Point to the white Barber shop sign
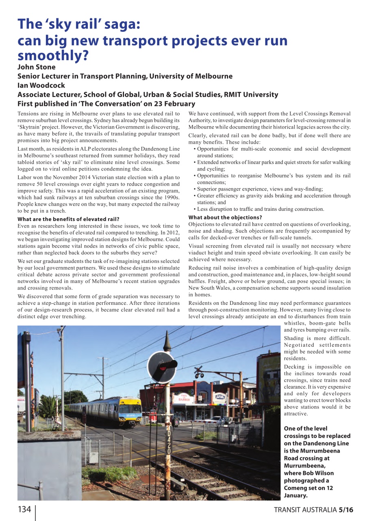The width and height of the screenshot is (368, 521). (x=183, y=398)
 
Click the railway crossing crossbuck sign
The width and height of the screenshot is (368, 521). (x=198, y=371)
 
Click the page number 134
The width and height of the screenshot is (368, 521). (x=24, y=510)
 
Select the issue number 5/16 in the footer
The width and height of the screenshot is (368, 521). (x=346, y=510)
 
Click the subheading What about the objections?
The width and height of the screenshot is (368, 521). (x=225, y=217)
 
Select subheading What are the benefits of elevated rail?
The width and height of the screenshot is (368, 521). (x=68, y=219)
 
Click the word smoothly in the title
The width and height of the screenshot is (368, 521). (x=53, y=55)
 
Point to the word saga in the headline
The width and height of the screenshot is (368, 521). (x=122, y=24)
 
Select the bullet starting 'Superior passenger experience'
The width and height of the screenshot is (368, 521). (x=260, y=189)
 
